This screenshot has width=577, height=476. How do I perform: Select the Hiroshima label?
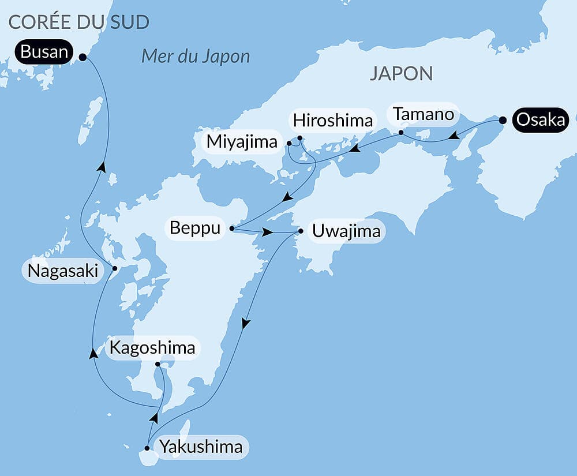(333, 121)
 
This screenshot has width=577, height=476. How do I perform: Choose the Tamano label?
(424, 114)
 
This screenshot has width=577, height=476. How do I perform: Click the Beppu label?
(195, 228)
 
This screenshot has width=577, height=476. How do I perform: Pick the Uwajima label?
(346, 231)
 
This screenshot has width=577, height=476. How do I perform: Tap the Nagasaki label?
(63, 271)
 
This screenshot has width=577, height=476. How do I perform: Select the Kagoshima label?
(152, 348)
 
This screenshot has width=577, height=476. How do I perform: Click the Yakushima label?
(201, 447)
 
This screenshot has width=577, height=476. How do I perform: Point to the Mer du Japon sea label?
(196, 57)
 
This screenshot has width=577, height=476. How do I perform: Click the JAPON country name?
(402, 73)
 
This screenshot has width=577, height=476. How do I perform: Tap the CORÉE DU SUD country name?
(79, 23)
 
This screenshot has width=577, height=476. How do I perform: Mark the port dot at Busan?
(83, 57)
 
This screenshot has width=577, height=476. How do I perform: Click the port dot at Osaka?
(503, 121)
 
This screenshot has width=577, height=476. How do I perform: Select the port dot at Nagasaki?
(114, 268)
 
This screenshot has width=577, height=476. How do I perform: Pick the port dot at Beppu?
(232, 228)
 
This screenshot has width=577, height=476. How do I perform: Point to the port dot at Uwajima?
(301, 232)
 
